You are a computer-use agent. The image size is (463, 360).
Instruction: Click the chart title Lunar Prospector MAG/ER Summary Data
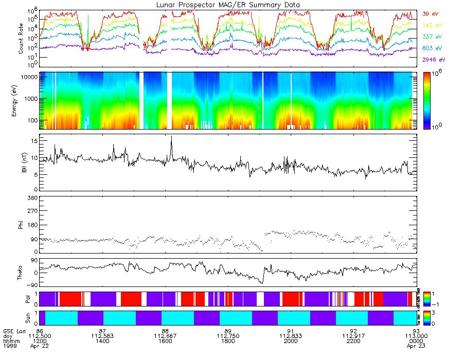pyautogui.click(x=228, y=5)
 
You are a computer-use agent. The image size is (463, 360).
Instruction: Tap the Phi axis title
pyautogui.click(x=22, y=225)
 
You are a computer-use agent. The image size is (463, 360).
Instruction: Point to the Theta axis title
pyautogui.click(x=22, y=273)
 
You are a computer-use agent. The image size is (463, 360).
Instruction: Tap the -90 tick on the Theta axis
pyautogui.click(x=31, y=285)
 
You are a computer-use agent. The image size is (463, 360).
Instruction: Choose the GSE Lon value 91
pyautogui.click(x=291, y=331)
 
